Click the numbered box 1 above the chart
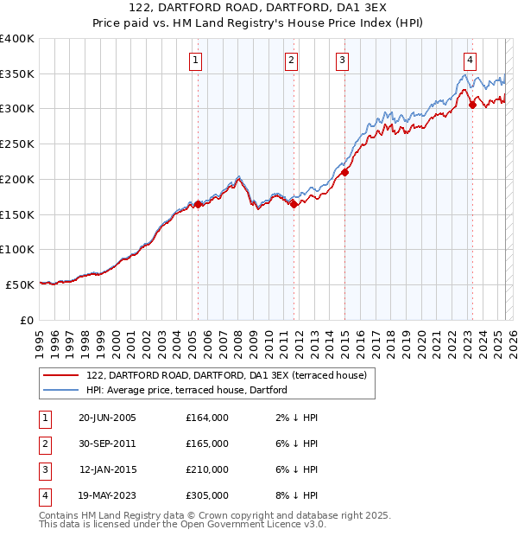[x=196, y=60]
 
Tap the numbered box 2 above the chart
[x=292, y=60]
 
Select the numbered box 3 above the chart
[x=343, y=60]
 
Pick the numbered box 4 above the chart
[x=470, y=60]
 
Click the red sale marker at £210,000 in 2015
[x=344, y=172]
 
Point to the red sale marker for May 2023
[x=472, y=105]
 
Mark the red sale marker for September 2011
[x=294, y=204]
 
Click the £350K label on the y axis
[x=17, y=74]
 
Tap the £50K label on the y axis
[x=20, y=284]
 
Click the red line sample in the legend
[x=60, y=375]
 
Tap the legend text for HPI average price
[x=186, y=390]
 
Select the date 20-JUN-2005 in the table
[x=107, y=418]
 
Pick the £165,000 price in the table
[x=207, y=443]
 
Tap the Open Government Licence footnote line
[x=183, y=524]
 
